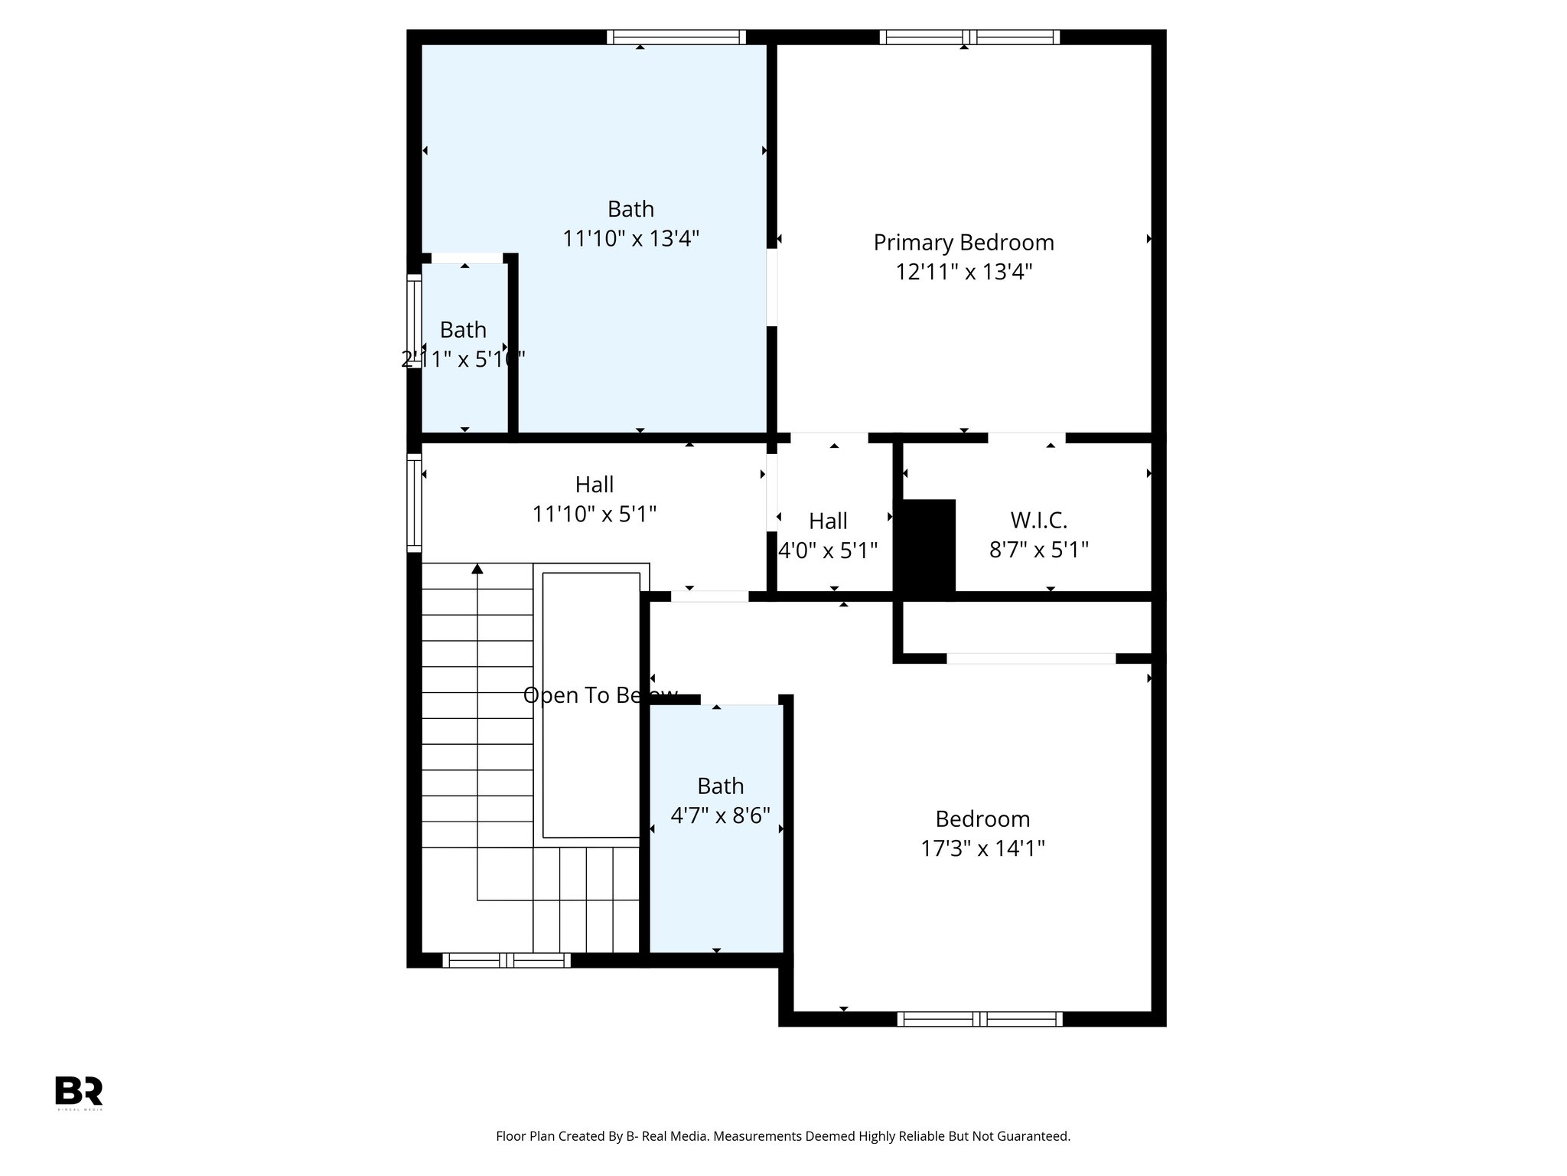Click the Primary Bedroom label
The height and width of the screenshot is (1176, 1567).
coord(963,243)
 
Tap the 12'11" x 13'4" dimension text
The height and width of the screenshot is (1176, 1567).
coord(964,272)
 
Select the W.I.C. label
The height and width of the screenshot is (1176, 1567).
coord(1038,521)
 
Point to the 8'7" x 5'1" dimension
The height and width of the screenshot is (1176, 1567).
coord(1038,550)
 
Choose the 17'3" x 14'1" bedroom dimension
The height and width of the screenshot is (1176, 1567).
coord(982,848)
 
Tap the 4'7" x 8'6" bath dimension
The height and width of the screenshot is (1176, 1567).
coord(720,815)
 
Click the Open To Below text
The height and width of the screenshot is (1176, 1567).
coord(600,695)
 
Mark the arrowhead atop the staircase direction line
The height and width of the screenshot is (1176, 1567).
coord(477,568)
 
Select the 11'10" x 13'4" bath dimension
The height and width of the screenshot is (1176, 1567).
coord(630,239)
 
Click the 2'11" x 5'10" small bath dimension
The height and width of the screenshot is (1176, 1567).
coord(463,359)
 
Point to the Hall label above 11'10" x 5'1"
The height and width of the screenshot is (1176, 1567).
coord(594,485)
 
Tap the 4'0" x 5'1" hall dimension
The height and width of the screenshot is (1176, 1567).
coord(827,550)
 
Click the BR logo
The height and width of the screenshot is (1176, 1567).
coord(79,1090)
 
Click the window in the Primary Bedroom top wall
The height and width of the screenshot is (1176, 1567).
coord(969,37)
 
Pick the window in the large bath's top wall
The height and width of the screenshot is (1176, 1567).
coord(676,37)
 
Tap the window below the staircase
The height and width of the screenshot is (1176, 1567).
coord(506,960)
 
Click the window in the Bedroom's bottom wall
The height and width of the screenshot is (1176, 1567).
coord(979,1018)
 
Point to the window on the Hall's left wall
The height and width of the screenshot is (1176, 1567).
coord(414,502)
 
